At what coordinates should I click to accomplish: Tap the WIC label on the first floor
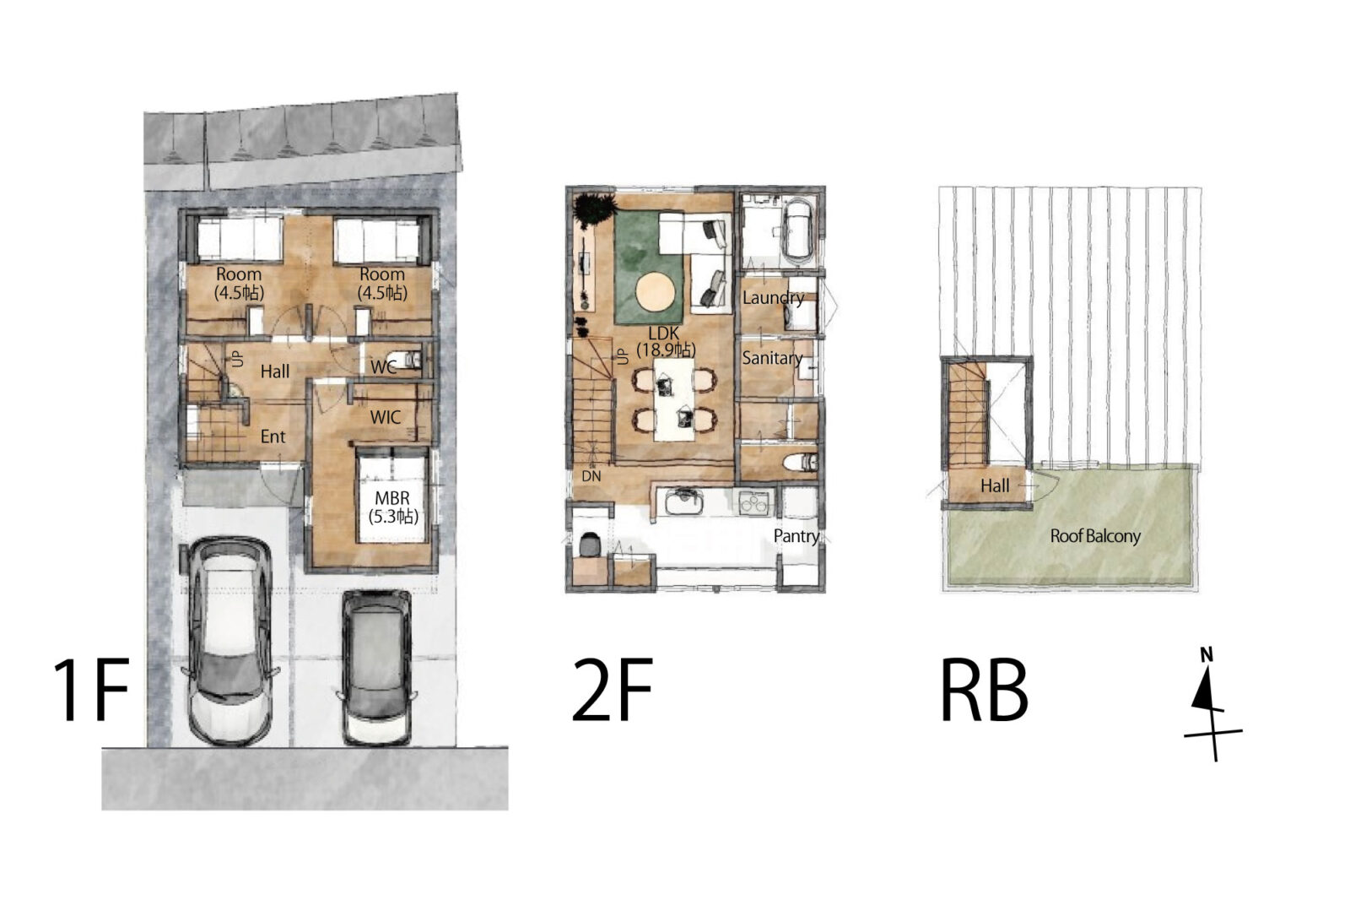[x=385, y=417]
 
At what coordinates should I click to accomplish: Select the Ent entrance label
[x=273, y=436]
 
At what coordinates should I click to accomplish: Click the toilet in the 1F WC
[x=409, y=361]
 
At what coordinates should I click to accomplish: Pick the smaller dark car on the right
[x=376, y=666]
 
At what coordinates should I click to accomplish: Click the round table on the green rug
[x=656, y=292]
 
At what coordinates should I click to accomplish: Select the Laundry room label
[x=773, y=297]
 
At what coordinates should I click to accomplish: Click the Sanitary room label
[x=772, y=358]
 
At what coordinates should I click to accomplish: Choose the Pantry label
[x=796, y=535]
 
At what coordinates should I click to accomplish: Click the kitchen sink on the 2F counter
[x=683, y=501]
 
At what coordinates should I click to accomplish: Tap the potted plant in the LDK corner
[x=594, y=210]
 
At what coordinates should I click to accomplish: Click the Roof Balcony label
[x=1095, y=535]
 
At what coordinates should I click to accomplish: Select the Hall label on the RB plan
[x=995, y=485]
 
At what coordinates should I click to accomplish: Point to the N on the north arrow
[x=1206, y=655]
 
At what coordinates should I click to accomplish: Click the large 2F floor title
[x=613, y=690]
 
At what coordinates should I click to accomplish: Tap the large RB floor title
[x=984, y=690]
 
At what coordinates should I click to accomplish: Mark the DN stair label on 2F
[x=591, y=476]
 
